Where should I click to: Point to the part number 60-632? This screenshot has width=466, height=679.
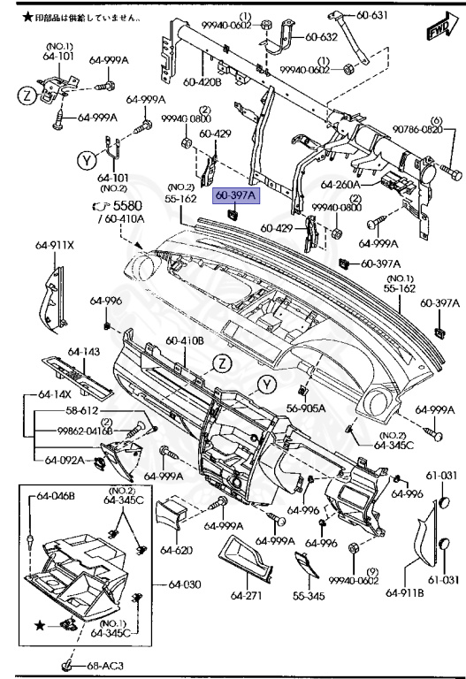[321, 37]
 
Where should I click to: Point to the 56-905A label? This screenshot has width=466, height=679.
[306, 408]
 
